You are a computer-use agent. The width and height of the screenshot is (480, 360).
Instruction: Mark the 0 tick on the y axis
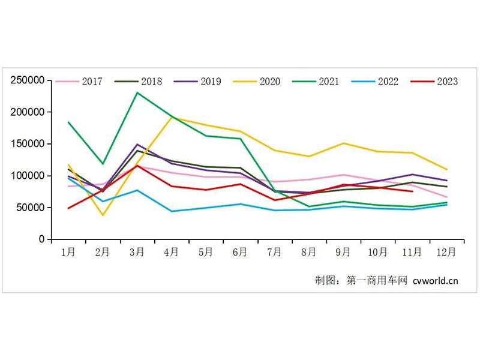pos(41,239)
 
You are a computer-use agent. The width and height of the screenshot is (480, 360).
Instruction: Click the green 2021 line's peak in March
pos(137,92)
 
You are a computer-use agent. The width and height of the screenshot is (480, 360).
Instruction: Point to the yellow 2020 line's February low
pos(103,215)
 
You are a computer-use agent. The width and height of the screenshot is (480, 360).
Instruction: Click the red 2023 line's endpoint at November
pos(412,191)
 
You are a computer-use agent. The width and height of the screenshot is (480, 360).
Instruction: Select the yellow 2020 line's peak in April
pos(172,117)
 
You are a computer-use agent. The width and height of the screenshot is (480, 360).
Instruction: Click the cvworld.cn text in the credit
pos(436,280)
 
